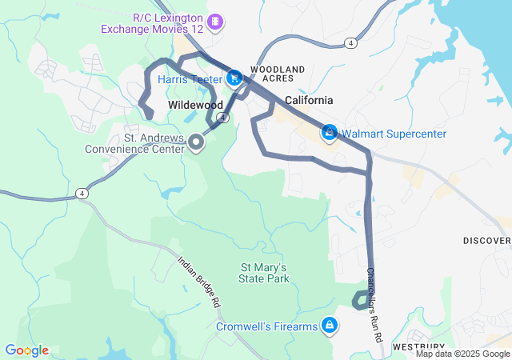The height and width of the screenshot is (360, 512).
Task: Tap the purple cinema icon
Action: tap(214, 20)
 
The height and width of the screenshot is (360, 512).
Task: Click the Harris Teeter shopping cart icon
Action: tap(234, 78)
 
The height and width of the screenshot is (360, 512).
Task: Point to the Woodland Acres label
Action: tap(278, 74)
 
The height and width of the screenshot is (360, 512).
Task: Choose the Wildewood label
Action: tap(195, 105)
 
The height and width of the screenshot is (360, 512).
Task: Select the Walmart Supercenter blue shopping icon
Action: tap(329, 132)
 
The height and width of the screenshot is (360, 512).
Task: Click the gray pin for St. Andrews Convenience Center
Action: tap(196, 142)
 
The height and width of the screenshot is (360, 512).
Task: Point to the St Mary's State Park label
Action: tap(263, 272)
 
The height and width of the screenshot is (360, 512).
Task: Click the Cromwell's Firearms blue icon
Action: tap(329, 325)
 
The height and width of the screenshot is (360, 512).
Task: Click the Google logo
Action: tap(26, 350)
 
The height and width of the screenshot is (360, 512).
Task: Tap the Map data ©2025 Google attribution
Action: tap(462, 354)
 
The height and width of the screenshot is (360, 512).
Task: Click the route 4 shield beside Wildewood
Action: tap(223, 118)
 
